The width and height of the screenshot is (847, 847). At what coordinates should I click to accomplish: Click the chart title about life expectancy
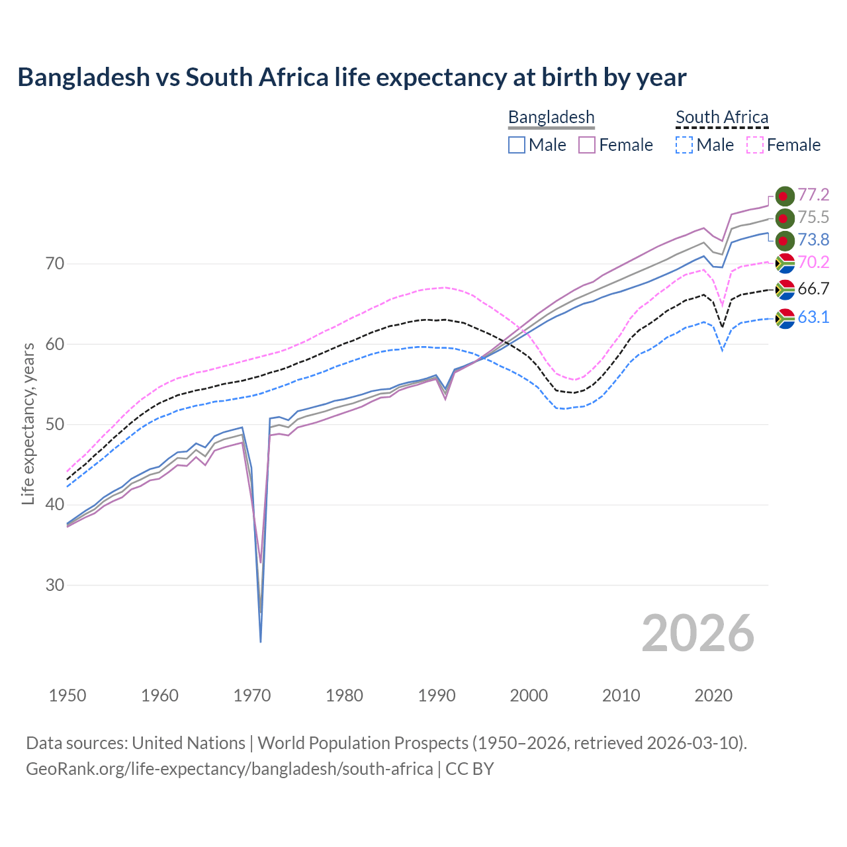[x=351, y=77]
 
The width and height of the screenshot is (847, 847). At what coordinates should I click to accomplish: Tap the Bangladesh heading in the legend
[x=551, y=117]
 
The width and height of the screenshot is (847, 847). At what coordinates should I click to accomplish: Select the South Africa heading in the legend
[x=722, y=117]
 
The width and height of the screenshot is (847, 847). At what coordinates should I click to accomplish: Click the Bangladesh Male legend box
[x=517, y=145]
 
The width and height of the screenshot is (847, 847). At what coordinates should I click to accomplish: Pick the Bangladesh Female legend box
[x=587, y=145]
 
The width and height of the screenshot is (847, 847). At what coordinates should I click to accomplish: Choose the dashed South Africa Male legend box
[x=684, y=145]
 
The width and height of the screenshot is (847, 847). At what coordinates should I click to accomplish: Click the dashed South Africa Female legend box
[x=754, y=145]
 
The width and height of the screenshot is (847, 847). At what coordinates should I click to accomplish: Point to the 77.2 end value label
[x=813, y=195]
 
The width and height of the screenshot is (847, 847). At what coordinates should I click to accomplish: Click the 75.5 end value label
[x=813, y=217]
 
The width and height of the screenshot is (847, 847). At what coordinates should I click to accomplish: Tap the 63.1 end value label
[x=813, y=317]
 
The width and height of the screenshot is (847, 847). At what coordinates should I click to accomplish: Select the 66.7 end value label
[x=813, y=289]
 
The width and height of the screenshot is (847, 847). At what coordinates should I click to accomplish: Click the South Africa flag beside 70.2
[x=785, y=263]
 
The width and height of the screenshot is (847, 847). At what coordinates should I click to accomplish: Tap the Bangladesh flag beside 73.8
[x=785, y=240]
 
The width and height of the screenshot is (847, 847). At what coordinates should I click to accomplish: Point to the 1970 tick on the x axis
[x=252, y=695]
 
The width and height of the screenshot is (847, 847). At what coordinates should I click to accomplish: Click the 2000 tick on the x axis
[x=529, y=695]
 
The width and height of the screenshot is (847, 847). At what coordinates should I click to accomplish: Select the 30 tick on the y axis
[x=55, y=585]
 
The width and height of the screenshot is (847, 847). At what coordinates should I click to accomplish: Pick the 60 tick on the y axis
[x=55, y=344]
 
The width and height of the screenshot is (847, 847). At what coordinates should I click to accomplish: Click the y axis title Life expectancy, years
[x=28, y=423]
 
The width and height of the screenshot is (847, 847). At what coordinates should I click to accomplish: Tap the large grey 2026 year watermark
[x=697, y=633]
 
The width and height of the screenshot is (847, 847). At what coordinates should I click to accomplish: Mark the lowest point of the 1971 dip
[x=261, y=641]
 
